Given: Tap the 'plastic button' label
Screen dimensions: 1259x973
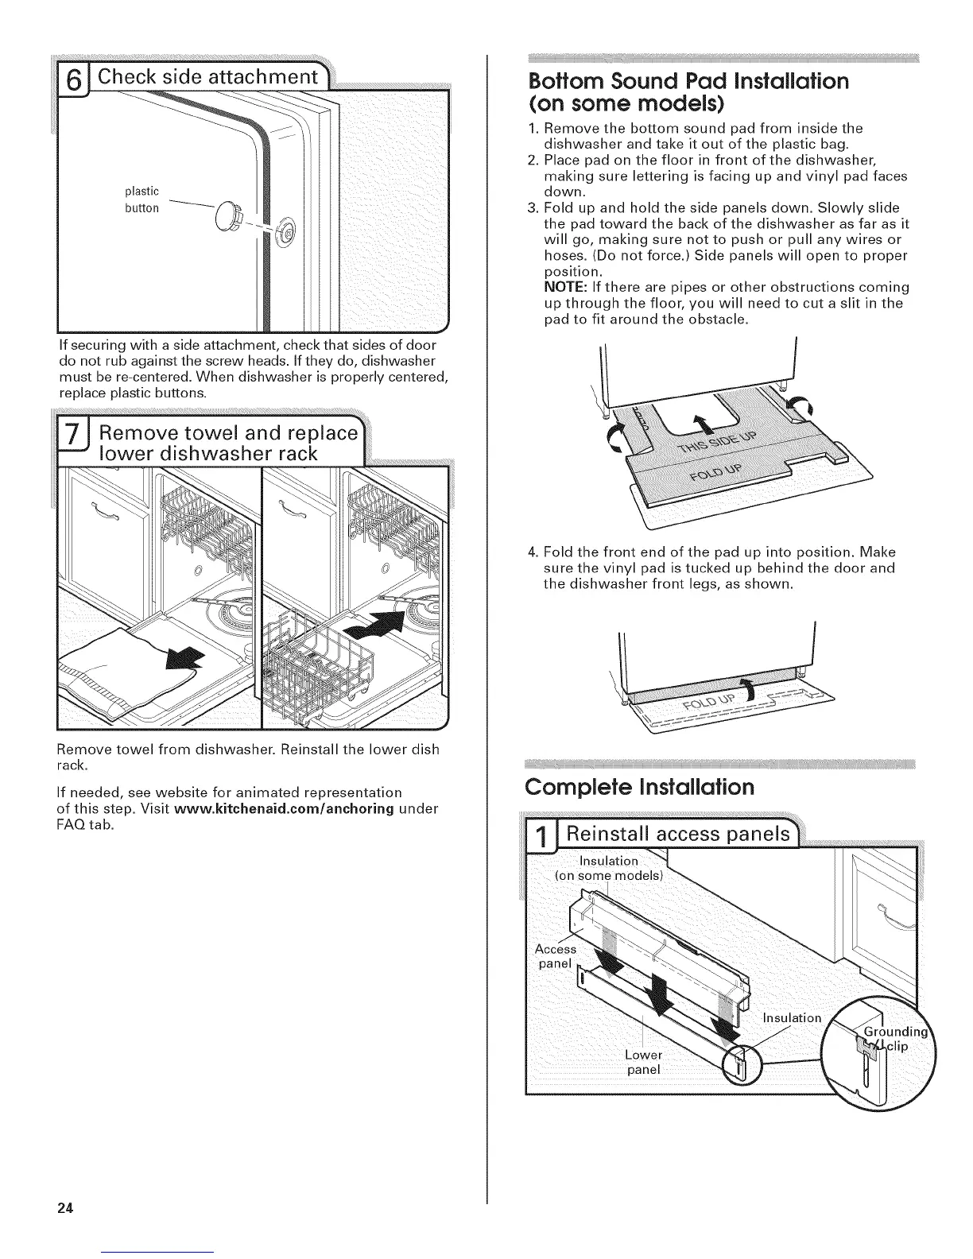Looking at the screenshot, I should [142, 200].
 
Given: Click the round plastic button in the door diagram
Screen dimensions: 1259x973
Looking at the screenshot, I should [227, 214].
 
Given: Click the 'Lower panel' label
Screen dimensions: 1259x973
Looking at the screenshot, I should [643, 1062].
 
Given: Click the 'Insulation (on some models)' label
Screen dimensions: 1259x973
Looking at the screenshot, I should [609, 868].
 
